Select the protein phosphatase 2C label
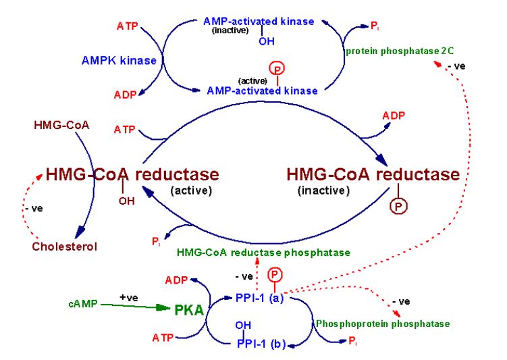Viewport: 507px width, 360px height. tap(394, 51)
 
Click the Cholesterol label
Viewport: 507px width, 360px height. tap(65, 247)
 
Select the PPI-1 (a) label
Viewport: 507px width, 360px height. tap(260, 296)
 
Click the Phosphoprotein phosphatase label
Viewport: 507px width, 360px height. tap(383, 324)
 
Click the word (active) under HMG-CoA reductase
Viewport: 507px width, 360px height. tap(192, 191)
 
